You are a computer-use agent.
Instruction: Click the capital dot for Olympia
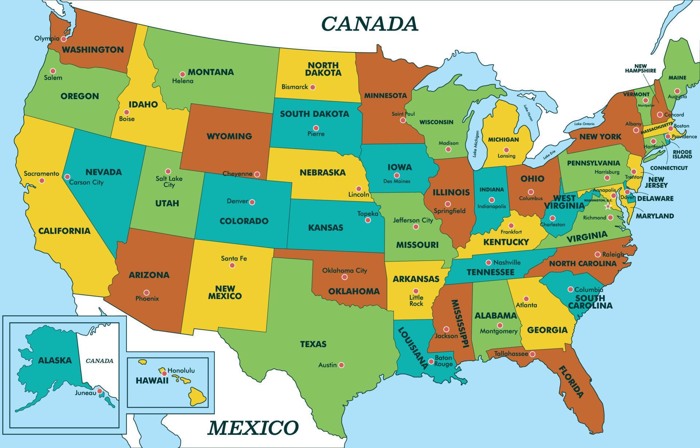(63, 39)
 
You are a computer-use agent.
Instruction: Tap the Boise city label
(127, 119)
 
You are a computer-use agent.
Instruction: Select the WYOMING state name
(229, 136)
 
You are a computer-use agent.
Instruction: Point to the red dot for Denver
(252, 202)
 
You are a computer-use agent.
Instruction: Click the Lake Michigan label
(475, 144)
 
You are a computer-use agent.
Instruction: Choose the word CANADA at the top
(369, 24)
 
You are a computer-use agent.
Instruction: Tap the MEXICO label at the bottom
(253, 428)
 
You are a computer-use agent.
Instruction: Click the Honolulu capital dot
(164, 373)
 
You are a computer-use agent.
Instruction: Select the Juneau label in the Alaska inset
(85, 393)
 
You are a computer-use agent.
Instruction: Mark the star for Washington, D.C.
(608, 207)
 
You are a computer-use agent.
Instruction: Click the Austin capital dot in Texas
(341, 365)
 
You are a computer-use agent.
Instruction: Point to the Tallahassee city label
(511, 354)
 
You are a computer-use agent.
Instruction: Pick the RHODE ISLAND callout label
(682, 154)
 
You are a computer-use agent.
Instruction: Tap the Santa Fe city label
(234, 258)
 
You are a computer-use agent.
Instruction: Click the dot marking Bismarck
(312, 87)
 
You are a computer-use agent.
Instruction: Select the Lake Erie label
(549, 155)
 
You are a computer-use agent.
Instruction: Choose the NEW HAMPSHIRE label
(640, 69)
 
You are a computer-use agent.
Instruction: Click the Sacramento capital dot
(42, 180)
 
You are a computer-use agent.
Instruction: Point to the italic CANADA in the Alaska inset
(100, 361)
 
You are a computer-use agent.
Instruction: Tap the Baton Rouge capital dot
(431, 362)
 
